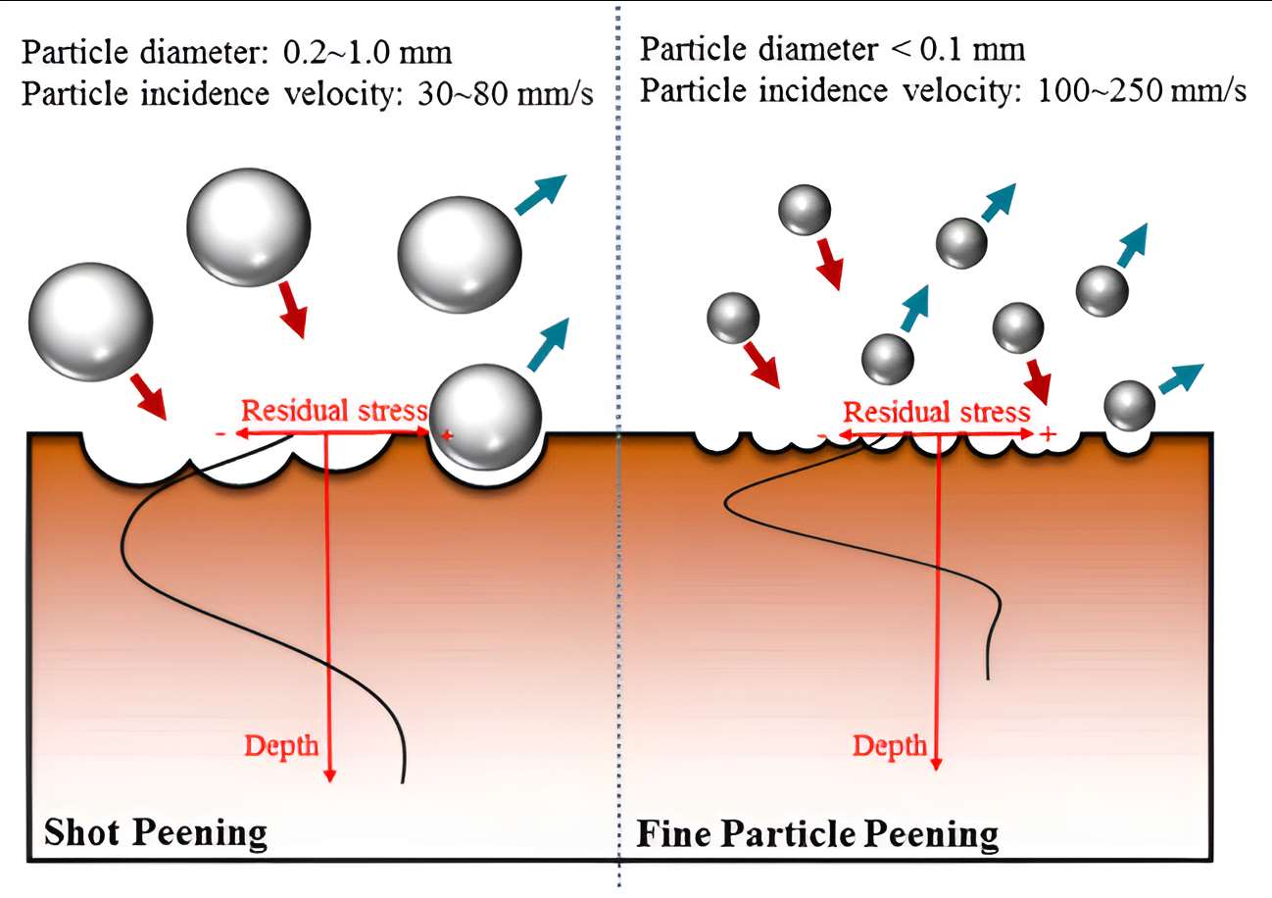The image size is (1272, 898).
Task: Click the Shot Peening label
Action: click(x=156, y=832)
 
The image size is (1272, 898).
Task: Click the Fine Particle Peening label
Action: click(x=817, y=834)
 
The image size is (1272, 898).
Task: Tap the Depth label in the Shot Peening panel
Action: click(x=281, y=746)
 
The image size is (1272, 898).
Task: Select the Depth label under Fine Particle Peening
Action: click(x=889, y=746)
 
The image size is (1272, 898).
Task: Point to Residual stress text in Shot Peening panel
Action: click(x=334, y=410)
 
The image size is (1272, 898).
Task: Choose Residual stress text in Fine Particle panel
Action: click(x=937, y=412)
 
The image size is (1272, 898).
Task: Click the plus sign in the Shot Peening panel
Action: click(x=448, y=434)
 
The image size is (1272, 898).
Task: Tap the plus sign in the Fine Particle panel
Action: click(x=1047, y=433)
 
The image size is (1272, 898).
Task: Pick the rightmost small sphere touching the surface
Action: click(x=1130, y=405)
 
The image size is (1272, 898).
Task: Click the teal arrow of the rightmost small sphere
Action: click(x=1180, y=376)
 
